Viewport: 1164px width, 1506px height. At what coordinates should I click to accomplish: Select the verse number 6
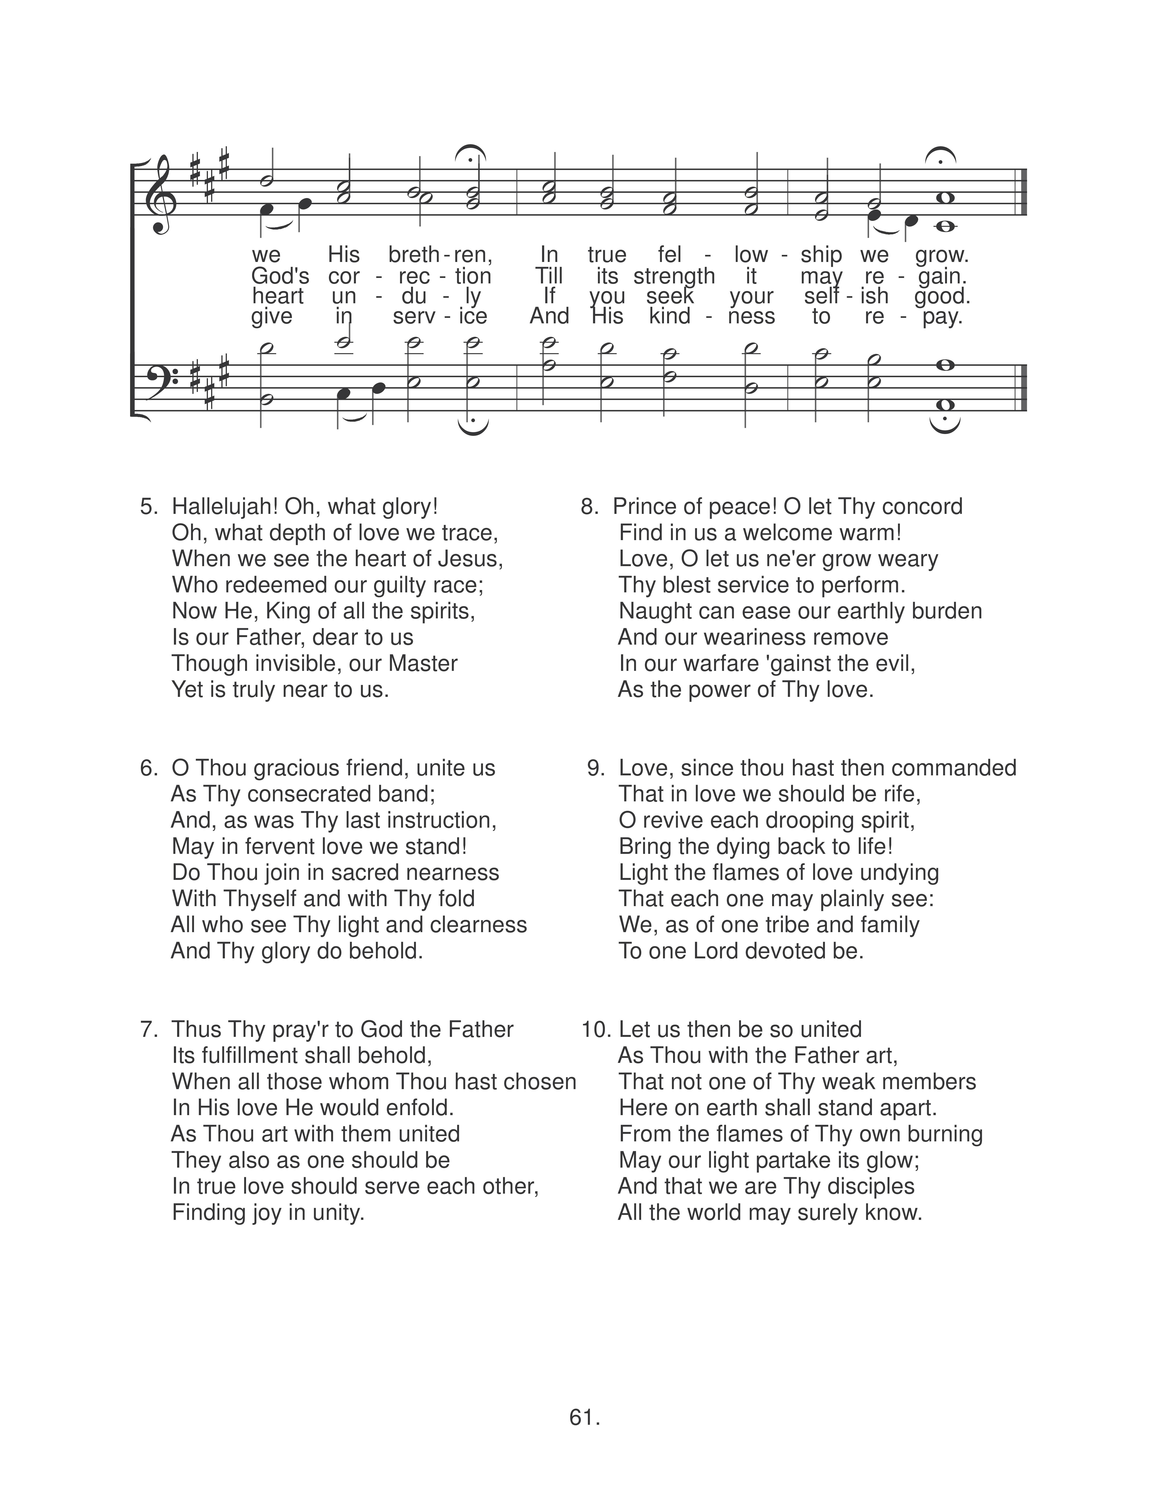[148, 768]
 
